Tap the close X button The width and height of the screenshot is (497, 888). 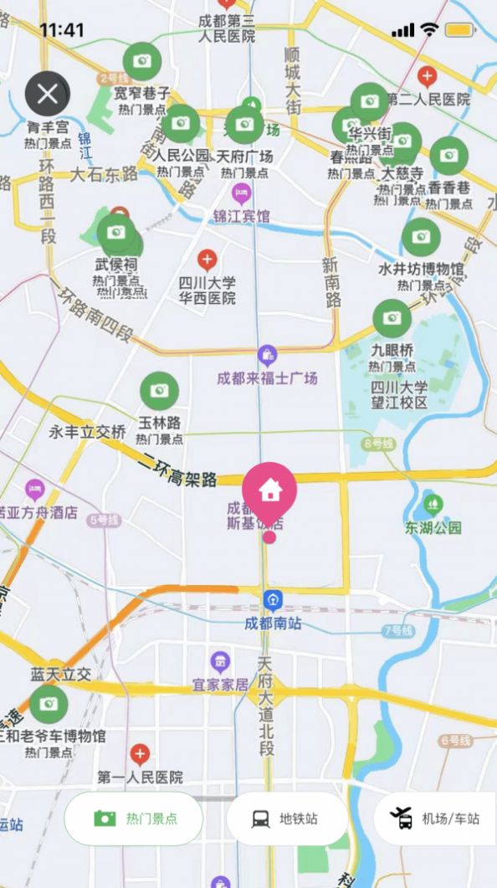[x=48, y=94]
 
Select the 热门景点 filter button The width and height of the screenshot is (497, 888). [x=134, y=819]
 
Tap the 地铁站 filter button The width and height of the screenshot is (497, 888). [x=287, y=819]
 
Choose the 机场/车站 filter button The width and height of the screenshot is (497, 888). [x=435, y=819]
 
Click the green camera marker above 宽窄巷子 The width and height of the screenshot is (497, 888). [x=142, y=61]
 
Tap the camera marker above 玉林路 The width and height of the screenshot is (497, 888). [x=159, y=391]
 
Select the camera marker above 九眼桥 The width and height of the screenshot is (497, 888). [x=392, y=318]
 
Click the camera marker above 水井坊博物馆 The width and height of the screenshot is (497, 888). [x=421, y=238]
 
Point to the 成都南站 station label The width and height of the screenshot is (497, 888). [x=273, y=624]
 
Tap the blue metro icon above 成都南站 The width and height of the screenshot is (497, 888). [x=273, y=599]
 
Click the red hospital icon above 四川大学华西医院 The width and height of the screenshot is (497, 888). [x=207, y=259]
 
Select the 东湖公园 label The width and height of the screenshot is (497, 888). [x=433, y=528]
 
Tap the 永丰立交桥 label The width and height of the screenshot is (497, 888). [x=88, y=433]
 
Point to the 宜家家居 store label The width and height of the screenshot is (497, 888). [x=221, y=685]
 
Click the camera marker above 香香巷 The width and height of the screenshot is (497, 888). [x=449, y=156]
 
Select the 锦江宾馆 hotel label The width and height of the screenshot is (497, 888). [x=241, y=217]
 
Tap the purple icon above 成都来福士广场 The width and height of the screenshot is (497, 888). [x=267, y=355]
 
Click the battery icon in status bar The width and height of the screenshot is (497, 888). [x=460, y=30]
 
